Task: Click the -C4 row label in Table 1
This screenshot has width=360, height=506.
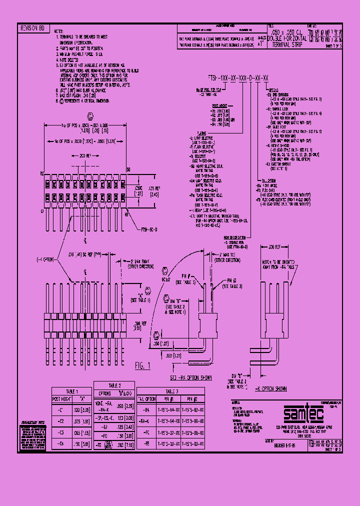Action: pos(60,442)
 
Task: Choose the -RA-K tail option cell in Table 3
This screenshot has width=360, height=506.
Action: pos(145,408)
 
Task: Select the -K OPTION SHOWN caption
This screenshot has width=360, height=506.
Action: pos(270,388)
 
